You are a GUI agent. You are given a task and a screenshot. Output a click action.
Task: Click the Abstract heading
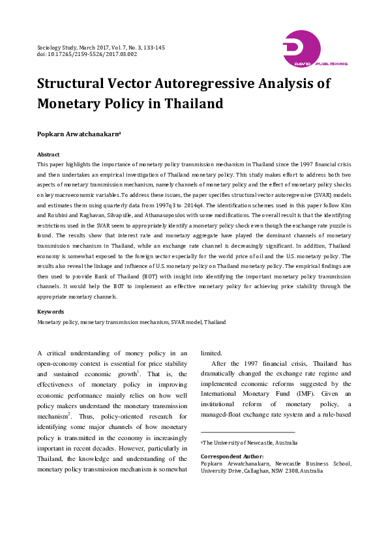pyautogui.click(x=49, y=155)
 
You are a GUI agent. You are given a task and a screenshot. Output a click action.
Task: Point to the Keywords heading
pyautogui.click(x=50, y=312)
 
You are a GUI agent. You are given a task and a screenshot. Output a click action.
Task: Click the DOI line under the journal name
pyautogui.click(x=87, y=54)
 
